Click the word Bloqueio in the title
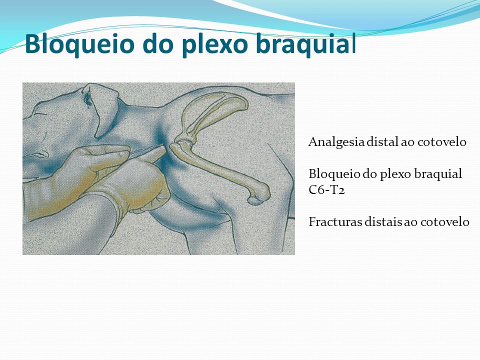point(79,44)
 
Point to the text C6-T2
point(326,190)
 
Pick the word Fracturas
point(335,221)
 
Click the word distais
point(383,221)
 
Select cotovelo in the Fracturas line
point(445,221)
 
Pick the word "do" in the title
point(158,44)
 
